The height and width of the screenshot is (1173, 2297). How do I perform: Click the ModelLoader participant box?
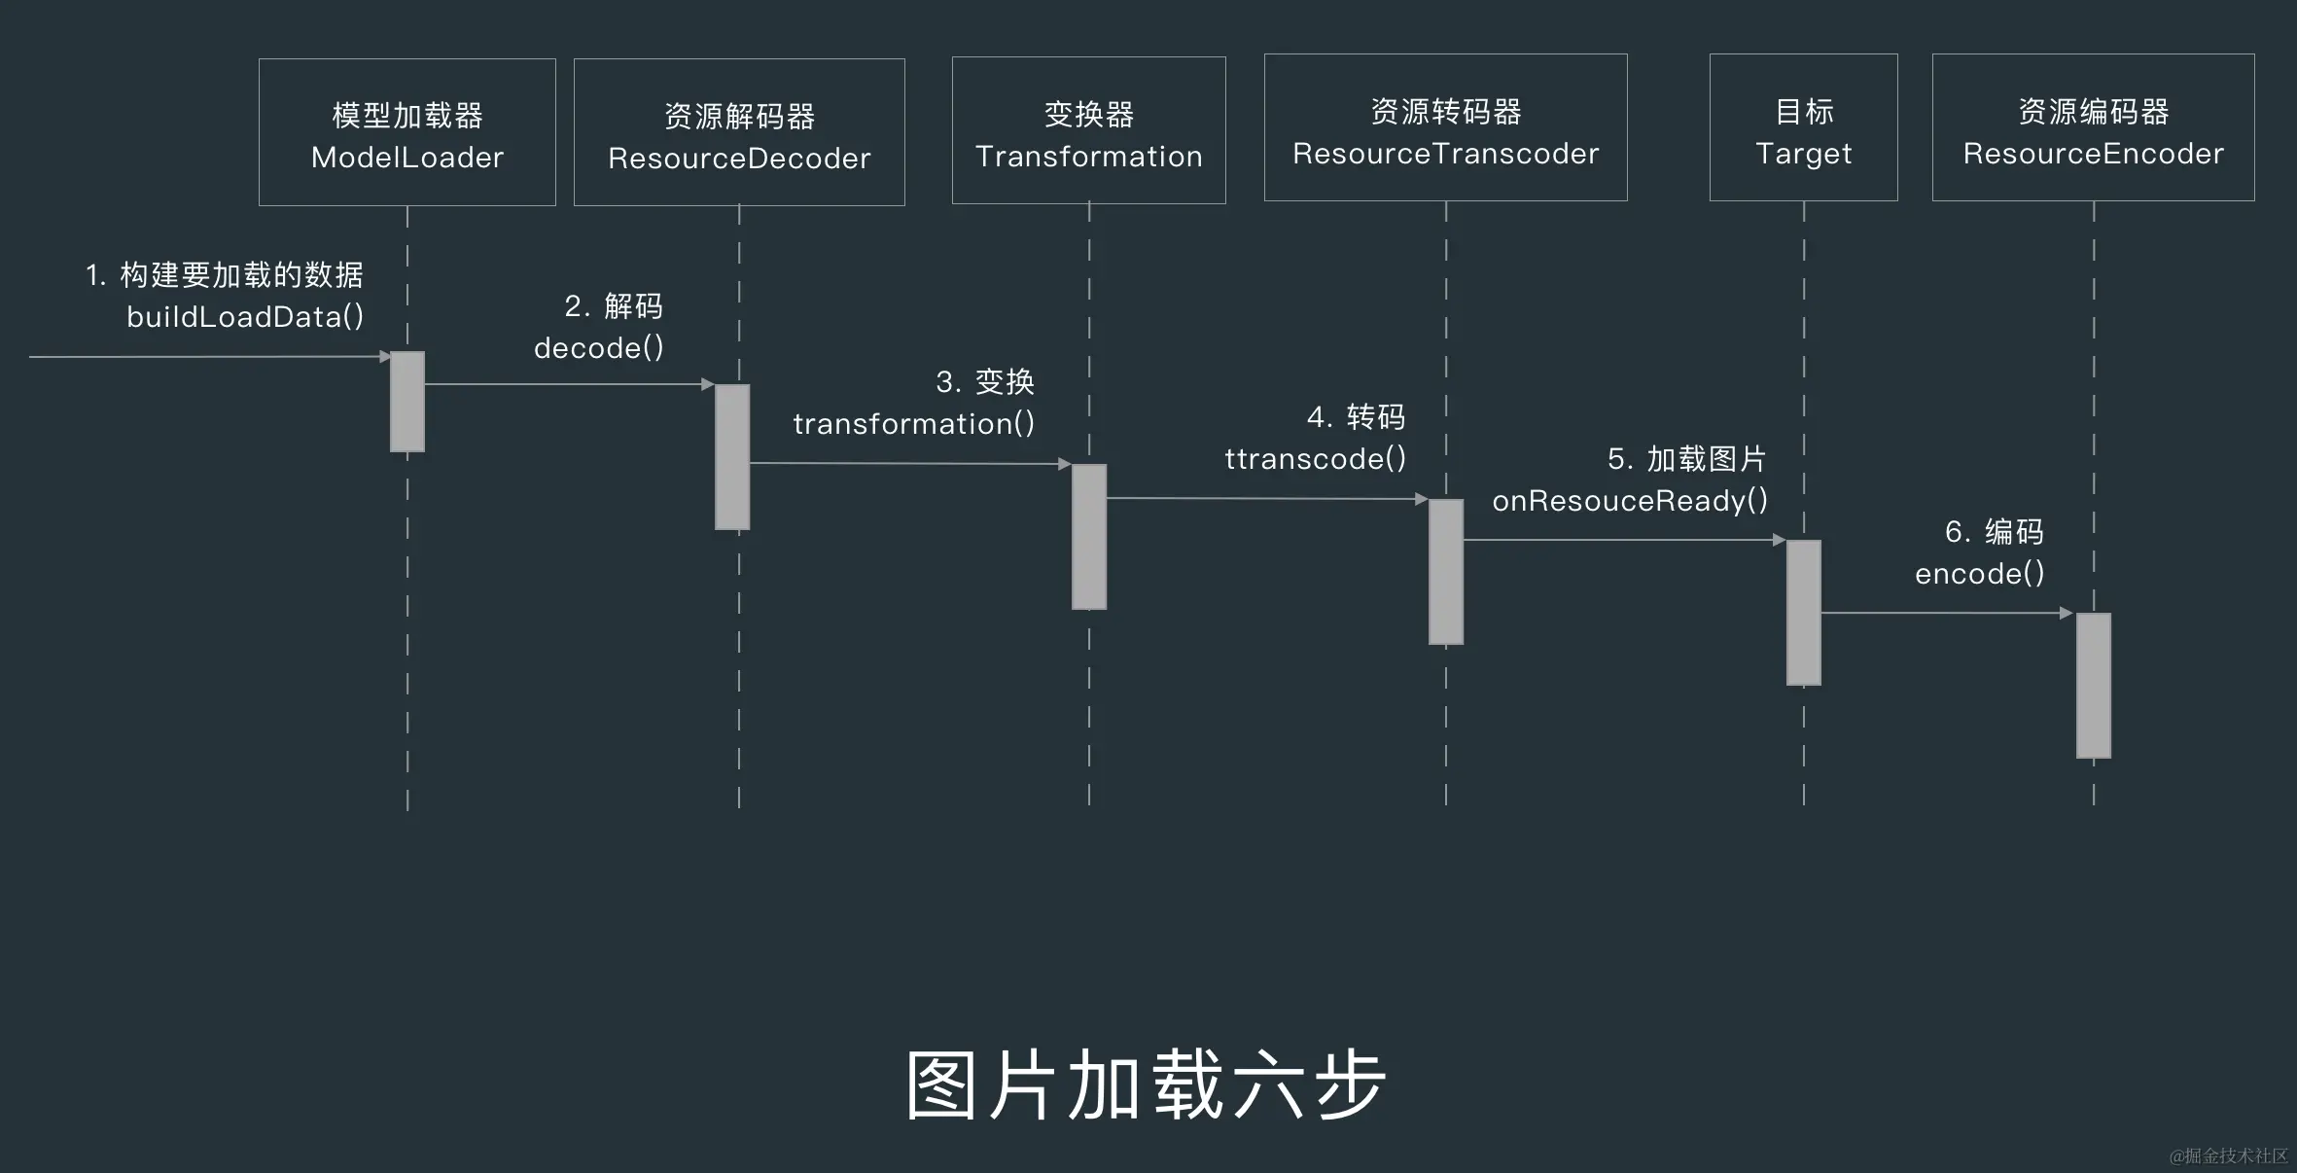point(406,132)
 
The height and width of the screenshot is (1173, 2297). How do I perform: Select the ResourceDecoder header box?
point(739,132)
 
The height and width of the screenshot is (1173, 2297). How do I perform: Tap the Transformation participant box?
point(1088,130)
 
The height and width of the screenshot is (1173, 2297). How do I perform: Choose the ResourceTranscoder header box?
point(1445,127)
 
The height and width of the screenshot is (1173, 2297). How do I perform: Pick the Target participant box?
point(1803,127)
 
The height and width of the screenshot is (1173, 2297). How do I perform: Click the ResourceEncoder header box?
point(2093,127)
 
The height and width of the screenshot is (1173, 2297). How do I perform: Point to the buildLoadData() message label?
point(245,317)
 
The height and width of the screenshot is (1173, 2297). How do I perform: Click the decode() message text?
point(599,348)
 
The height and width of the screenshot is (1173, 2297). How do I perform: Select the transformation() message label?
point(914,424)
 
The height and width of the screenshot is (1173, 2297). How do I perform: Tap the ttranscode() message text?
point(1315,459)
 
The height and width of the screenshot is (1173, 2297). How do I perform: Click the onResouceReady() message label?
point(1630,501)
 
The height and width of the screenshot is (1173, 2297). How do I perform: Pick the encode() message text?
point(1980,574)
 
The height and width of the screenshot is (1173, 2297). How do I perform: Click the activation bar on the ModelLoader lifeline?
point(407,402)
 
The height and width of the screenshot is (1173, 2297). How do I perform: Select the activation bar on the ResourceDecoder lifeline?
point(732,457)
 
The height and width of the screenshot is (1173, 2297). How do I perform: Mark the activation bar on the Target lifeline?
point(1804,613)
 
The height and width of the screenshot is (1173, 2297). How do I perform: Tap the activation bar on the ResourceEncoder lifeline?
point(2094,686)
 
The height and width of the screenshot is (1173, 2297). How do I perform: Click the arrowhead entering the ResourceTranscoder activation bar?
point(1421,499)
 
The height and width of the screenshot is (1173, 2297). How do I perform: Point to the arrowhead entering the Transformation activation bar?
point(1065,464)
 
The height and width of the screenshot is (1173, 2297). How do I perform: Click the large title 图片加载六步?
point(1147,1085)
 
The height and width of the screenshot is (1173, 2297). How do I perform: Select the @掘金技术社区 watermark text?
point(2228,1155)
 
